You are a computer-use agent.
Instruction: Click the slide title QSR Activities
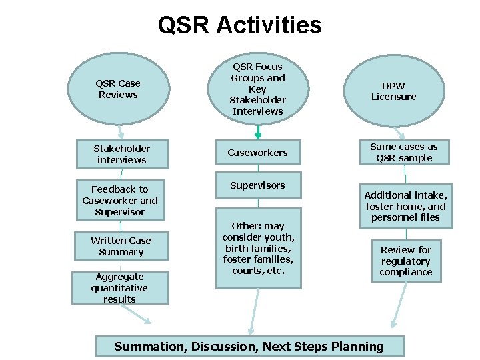239,25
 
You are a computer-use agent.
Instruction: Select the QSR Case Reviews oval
118,89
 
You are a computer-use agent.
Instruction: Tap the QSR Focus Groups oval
257,89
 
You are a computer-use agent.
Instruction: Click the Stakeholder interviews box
121,154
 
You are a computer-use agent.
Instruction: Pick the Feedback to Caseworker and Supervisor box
120,201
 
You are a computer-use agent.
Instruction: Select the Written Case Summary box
121,246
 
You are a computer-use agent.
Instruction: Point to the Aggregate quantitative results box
120,288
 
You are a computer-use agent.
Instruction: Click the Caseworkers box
257,153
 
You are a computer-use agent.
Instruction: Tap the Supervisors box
257,185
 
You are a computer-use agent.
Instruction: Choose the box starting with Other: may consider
258,249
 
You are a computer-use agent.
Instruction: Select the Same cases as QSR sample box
404,152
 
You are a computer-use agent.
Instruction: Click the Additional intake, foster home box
405,206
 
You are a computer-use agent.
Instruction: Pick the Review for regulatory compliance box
406,261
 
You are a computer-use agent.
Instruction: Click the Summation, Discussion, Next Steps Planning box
249,346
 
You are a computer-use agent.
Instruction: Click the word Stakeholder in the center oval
257,100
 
